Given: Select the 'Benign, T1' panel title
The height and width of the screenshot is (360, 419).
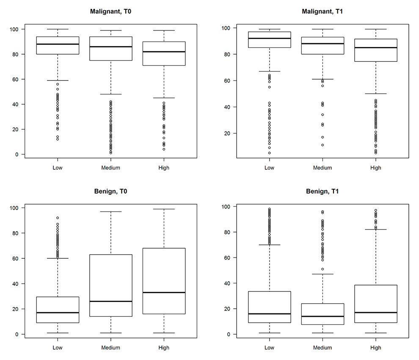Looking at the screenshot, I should (322, 191).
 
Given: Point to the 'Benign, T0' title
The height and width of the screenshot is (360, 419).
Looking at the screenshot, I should (110, 191).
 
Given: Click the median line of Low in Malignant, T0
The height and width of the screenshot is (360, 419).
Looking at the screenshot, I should (58, 44).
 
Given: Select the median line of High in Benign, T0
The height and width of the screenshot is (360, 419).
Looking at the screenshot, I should (163, 292).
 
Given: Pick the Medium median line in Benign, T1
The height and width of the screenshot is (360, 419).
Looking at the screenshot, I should (323, 316).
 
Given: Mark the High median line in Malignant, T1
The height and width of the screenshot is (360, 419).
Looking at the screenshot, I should (375, 47).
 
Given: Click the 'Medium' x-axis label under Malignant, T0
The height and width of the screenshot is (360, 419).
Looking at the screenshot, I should (110, 168).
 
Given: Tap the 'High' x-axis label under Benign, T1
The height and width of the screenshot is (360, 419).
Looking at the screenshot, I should (375, 348).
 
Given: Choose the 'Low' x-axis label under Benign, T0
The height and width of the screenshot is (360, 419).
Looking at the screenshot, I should (58, 348).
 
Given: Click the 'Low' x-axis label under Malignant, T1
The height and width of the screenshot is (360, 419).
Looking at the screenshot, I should (269, 168).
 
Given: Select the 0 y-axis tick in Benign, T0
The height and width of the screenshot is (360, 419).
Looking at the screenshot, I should (17, 334).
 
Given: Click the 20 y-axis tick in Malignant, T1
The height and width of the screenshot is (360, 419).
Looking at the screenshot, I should (229, 133).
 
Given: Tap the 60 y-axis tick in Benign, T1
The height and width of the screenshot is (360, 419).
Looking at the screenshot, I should (229, 258).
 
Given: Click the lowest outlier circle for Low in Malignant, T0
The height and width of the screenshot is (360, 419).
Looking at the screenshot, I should (58, 139).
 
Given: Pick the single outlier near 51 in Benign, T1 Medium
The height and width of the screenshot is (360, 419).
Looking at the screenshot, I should (323, 269).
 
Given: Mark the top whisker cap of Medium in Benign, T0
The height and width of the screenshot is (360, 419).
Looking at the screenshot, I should (110, 211).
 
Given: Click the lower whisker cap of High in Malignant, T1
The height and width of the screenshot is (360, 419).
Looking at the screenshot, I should (375, 94).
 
